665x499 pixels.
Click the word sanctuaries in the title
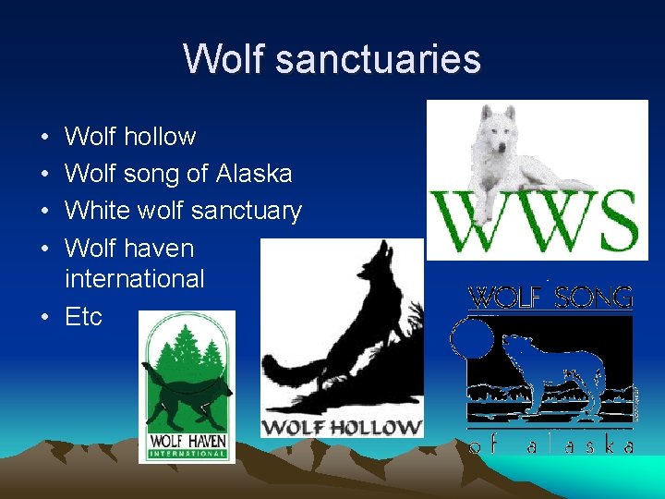point(378,59)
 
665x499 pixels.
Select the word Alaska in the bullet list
point(254,174)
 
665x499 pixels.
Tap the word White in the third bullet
point(98,211)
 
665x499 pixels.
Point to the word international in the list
point(135,278)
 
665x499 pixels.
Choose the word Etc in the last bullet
point(83,317)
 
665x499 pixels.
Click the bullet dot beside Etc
point(44,317)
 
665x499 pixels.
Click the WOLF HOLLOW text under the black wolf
point(341,427)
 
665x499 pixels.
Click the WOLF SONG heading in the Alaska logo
point(551,298)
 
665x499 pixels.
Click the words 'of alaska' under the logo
point(551,445)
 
